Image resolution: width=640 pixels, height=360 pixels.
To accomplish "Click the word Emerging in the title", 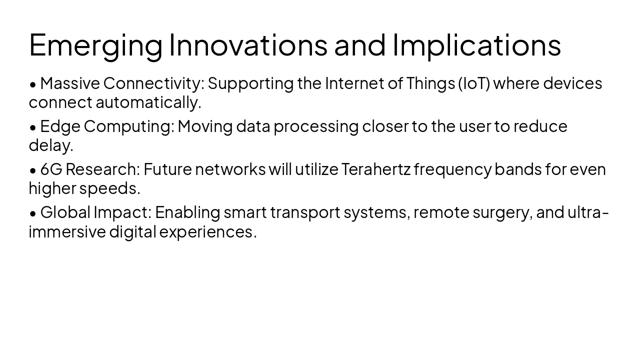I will pos(95,45).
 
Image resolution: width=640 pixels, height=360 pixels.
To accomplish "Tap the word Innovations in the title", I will pos(248,45).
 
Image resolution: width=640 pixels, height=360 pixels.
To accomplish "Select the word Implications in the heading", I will pos(476,45).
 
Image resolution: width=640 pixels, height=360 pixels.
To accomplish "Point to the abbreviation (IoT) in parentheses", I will pos(473,83).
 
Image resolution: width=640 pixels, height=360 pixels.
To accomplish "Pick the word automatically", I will pos(148,102).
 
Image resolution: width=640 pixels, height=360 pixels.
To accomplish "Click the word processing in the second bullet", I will pos(316,126).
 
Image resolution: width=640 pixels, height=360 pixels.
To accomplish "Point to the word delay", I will pos(50,145).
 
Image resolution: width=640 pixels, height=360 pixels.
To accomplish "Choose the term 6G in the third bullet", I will pos(51,169).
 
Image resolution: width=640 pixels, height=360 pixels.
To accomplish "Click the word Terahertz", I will pos(375,169).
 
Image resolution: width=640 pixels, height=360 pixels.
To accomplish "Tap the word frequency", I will pos(452,169).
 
